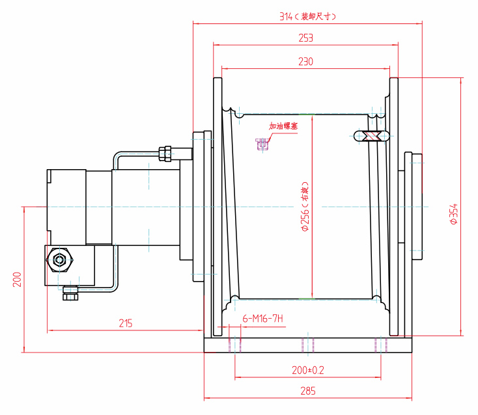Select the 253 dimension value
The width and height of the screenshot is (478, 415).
[x=305, y=38]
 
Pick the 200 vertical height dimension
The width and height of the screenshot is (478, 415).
[x=18, y=279]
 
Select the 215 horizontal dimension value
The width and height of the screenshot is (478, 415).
[x=126, y=323]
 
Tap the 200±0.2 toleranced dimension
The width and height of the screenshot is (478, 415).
[x=308, y=369]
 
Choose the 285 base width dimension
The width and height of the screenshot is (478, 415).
[x=307, y=391]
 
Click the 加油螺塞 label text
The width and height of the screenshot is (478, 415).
[x=283, y=126]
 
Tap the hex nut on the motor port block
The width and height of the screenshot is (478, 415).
[x=61, y=260]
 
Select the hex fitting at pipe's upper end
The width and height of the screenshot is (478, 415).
[x=166, y=154]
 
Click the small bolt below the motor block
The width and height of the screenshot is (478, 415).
[x=70, y=293]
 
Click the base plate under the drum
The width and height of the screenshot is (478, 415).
[x=308, y=345]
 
